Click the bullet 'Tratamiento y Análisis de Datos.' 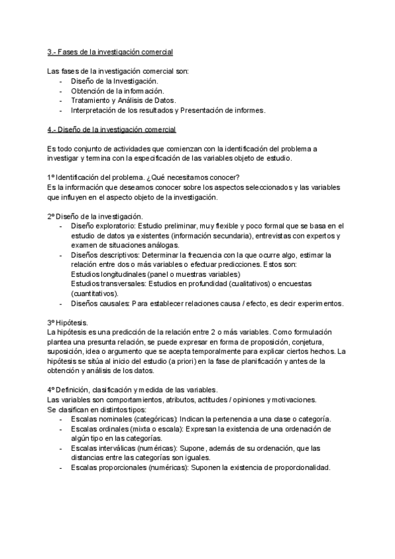(124, 100)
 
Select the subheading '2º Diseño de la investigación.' (95, 216)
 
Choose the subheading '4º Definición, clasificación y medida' (117, 390)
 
